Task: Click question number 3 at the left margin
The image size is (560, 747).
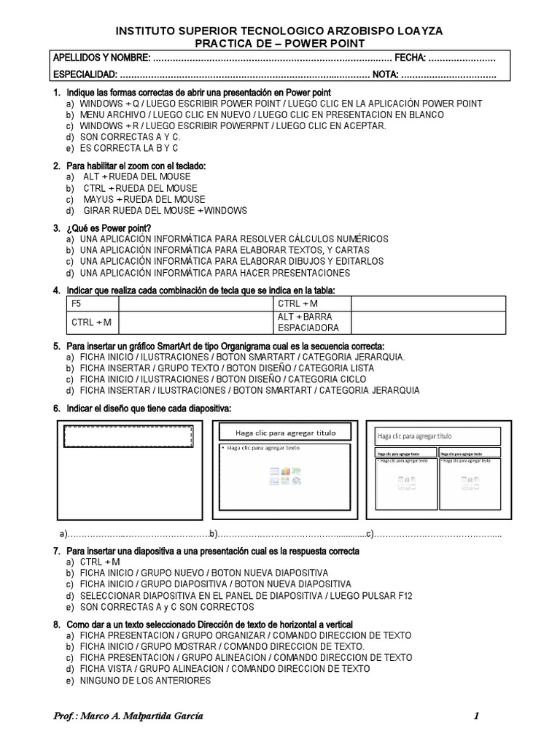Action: [56, 228]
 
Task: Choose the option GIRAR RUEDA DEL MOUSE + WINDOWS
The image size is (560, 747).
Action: [163, 211]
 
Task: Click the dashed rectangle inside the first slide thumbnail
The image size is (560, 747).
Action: [129, 437]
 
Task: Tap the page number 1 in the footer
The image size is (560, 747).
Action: [476, 716]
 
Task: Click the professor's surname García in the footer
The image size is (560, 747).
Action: [186, 716]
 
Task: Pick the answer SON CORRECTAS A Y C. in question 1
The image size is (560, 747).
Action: [130, 137]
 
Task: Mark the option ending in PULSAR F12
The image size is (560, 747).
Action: [246, 596]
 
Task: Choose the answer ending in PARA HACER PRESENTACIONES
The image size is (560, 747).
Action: [215, 273]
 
